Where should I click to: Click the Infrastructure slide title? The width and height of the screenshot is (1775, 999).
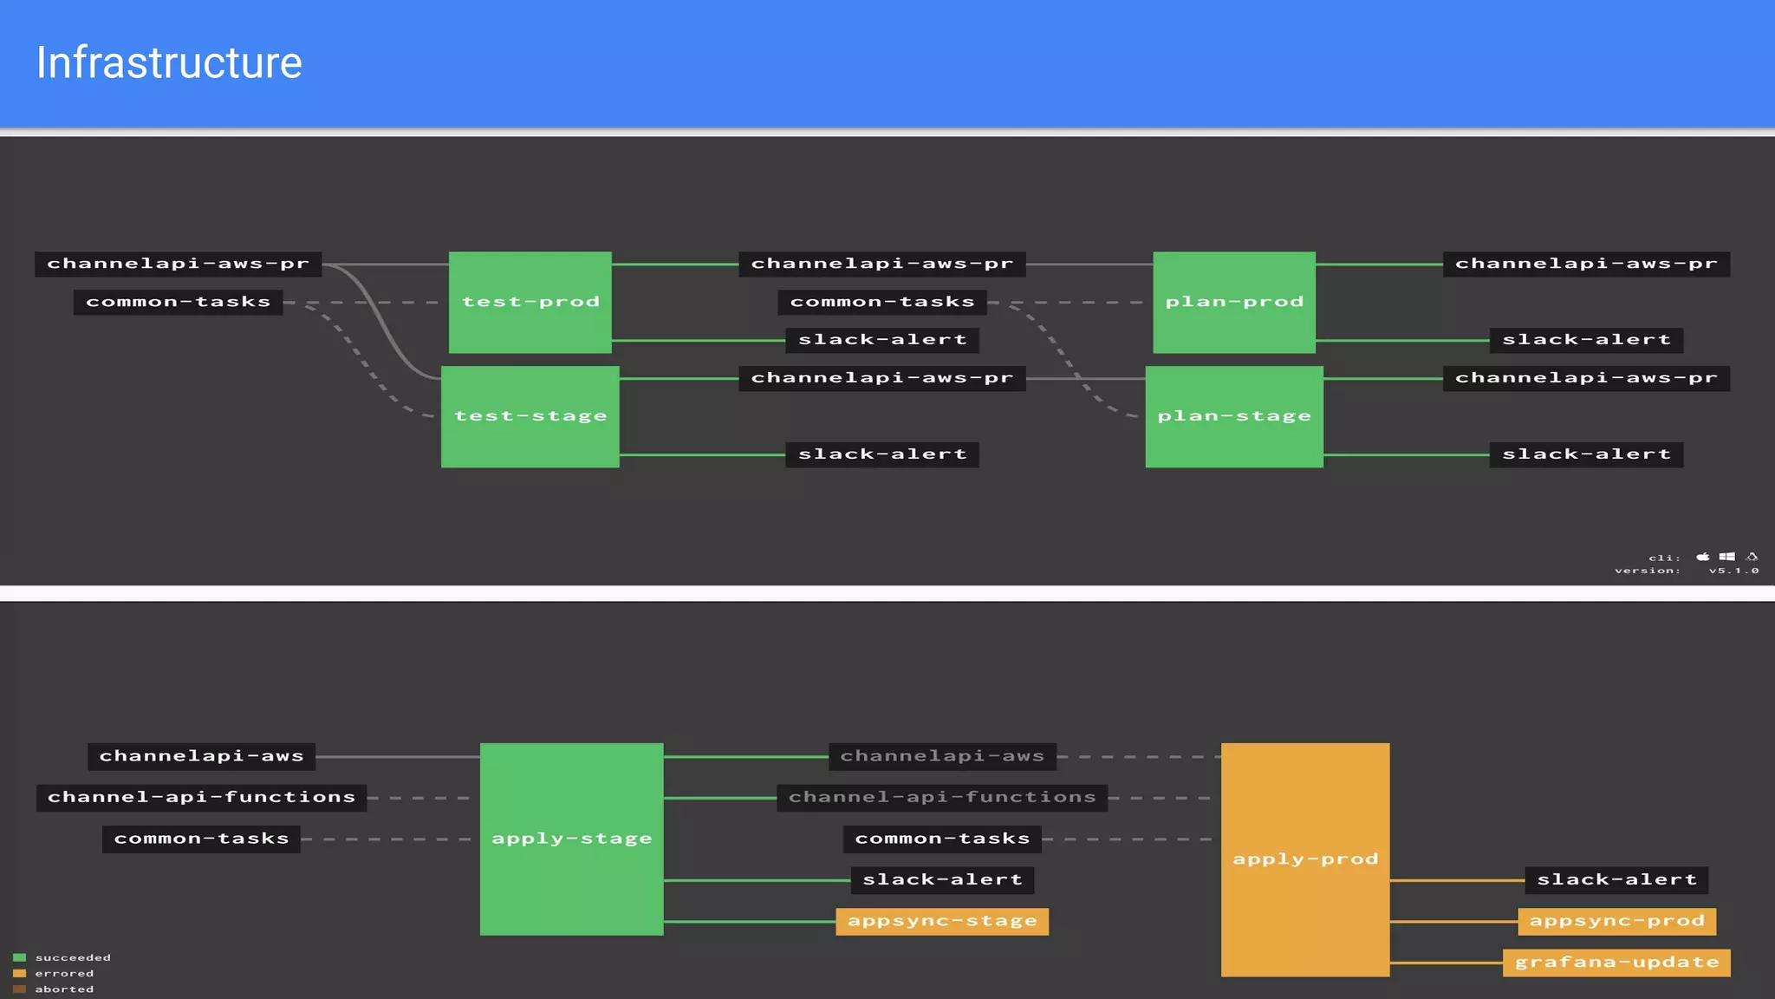pyautogui.click(x=169, y=63)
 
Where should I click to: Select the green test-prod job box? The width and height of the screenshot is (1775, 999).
pyautogui.click(x=530, y=302)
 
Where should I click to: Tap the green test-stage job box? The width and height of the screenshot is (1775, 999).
pyautogui.click(x=530, y=416)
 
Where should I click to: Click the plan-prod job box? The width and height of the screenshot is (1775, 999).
pyautogui.click(x=1234, y=302)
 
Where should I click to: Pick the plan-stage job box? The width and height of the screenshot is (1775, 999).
pyautogui.click(x=1234, y=416)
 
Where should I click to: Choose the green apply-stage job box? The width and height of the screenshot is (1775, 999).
pyautogui.click(x=572, y=839)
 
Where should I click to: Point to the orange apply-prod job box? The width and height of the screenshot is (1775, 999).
pyautogui.click(x=1305, y=859)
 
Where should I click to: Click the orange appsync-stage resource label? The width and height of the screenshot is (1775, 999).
pyautogui.click(x=942, y=921)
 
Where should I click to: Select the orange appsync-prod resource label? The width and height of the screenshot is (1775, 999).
pyautogui.click(x=1617, y=921)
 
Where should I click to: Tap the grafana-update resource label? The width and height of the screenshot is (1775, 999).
pyautogui.click(x=1616, y=963)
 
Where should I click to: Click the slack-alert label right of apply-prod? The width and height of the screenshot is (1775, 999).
pyautogui.click(x=1616, y=880)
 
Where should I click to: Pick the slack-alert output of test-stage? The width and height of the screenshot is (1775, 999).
pyautogui.click(x=882, y=454)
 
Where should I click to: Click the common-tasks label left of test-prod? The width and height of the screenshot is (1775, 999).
pyautogui.click(x=179, y=302)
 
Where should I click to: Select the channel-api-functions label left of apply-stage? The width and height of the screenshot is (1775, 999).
pyautogui.click(x=201, y=797)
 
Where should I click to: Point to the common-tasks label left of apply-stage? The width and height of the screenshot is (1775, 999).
pyautogui.click(x=201, y=839)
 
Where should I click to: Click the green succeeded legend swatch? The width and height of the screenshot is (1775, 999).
pyautogui.click(x=20, y=957)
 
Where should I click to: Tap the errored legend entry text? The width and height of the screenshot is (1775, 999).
pyautogui.click(x=64, y=973)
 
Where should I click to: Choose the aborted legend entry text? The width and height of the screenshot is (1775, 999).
pyautogui.click(x=64, y=989)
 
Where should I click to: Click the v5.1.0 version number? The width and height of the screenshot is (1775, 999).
pyautogui.click(x=1733, y=571)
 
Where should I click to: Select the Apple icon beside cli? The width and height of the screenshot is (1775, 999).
pyautogui.click(x=1703, y=557)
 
